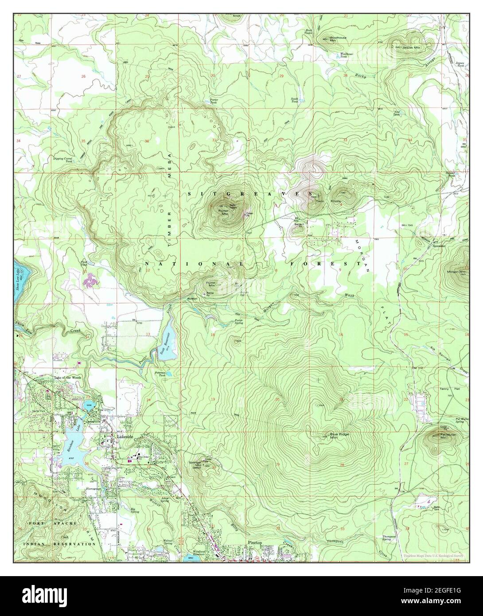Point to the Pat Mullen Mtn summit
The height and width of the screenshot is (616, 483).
(x=432, y=438)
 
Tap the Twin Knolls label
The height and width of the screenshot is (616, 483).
(x=328, y=201)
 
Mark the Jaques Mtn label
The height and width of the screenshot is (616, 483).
(x=412, y=47)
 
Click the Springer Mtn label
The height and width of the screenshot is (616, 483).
(x=195, y=464)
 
